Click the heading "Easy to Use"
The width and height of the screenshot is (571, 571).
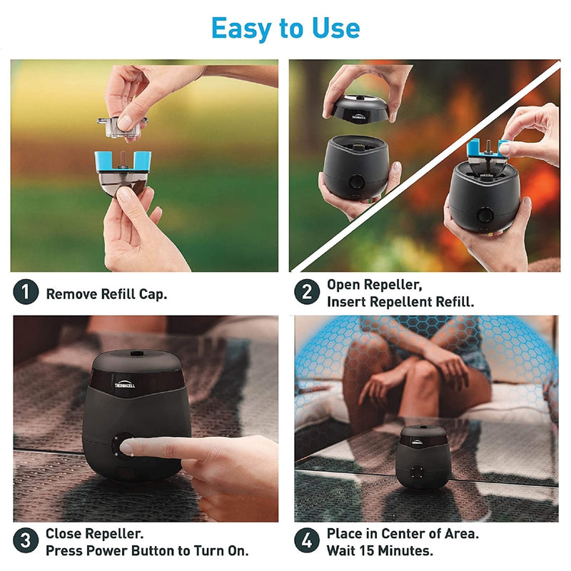(285, 28)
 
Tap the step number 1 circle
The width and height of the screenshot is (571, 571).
(26, 293)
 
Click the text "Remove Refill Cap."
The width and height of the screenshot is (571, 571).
(106, 293)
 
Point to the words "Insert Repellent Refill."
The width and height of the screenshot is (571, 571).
(400, 302)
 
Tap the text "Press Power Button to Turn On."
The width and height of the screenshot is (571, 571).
(147, 551)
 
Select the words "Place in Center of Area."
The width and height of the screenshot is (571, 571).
(403, 533)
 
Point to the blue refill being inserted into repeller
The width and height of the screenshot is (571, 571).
(487, 148)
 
